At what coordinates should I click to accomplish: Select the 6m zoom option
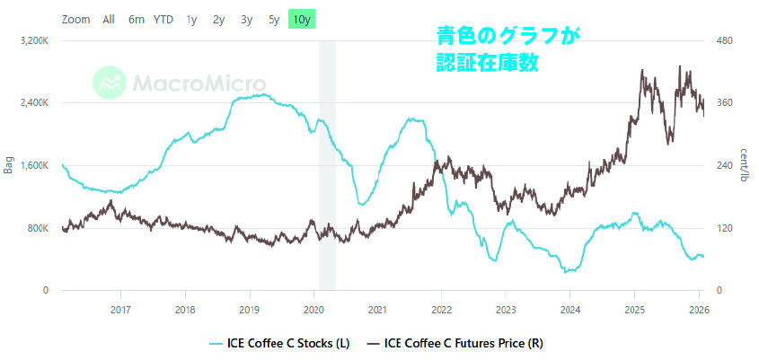[137, 19]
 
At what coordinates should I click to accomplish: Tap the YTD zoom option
[163, 19]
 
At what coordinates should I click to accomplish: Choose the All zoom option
[109, 19]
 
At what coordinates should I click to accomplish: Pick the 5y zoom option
[274, 19]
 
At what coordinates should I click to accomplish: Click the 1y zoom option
[192, 19]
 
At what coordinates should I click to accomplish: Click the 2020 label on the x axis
[313, 310]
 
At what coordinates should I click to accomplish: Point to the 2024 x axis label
[569, 310]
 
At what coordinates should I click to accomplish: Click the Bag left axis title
[9, 166]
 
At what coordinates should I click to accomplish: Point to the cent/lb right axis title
[746, 166]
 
